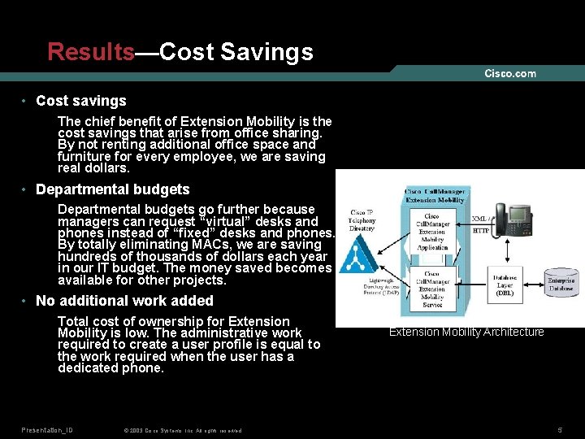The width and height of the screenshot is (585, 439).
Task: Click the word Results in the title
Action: click(x=90, y=52)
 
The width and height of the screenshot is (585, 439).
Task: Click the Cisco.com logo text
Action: click(x=510, y=73)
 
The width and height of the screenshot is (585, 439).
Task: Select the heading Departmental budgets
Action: click(x=113, y=189)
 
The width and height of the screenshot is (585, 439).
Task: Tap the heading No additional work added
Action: click(x=124, y=301)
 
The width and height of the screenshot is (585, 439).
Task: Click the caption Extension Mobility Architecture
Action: click(x=466, y=332)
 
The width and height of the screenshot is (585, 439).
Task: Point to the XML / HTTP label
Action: click(x=480, y=224)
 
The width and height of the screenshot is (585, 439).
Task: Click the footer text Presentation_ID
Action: click(x=47, y=428)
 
